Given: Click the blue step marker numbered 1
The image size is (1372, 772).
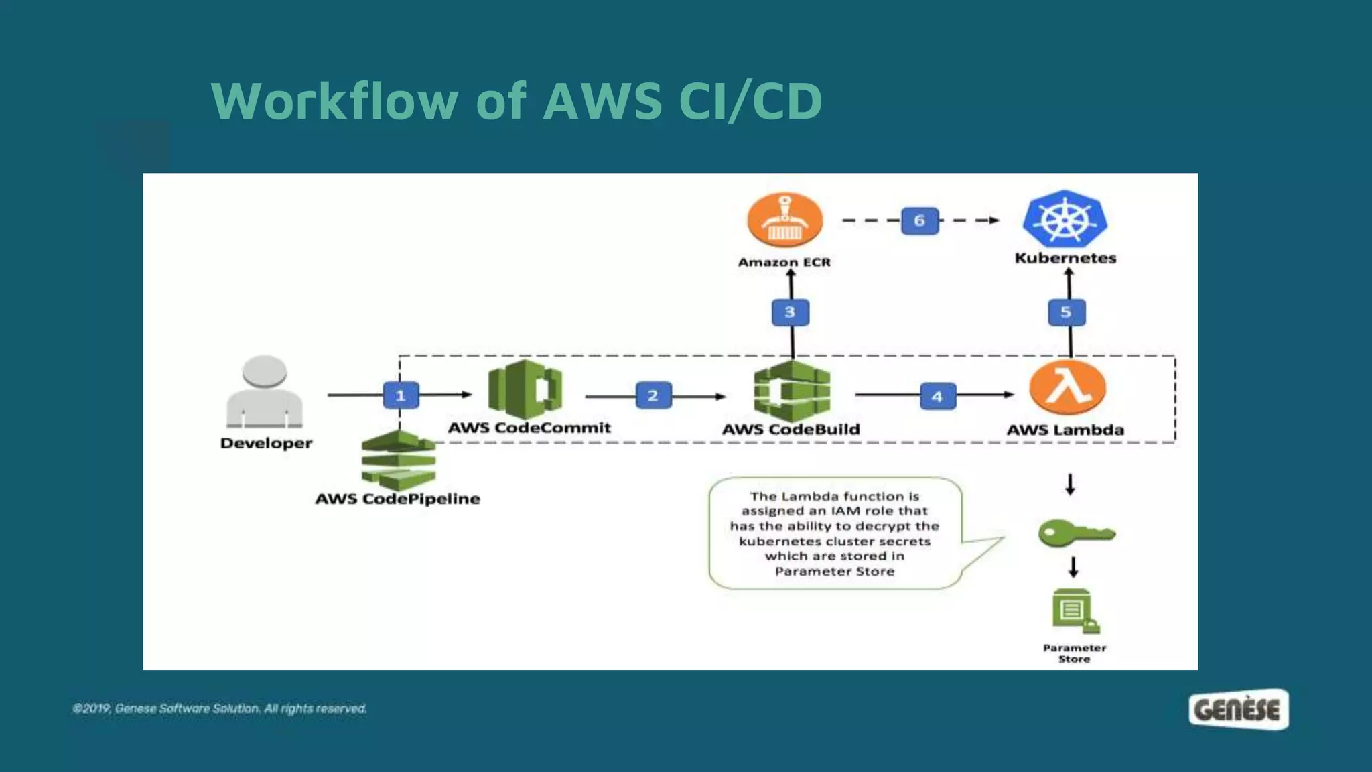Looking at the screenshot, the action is click(401, 395).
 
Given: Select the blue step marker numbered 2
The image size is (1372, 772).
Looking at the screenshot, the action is click(653, 395).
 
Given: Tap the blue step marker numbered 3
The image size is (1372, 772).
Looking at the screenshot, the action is click(791, 312).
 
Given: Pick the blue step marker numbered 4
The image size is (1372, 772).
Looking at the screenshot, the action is click(937, 396).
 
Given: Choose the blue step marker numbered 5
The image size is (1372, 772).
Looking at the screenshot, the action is click(1067, 312).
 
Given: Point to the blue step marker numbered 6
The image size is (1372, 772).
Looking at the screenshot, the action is click(920, 220).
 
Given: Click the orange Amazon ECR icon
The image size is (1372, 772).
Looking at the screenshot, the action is click(784, 220).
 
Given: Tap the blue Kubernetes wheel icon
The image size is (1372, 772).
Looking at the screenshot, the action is click(1065, 218).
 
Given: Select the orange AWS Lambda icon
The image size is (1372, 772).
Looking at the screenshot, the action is click(1068, 388).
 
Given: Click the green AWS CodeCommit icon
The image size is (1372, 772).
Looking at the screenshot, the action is click(525, 389).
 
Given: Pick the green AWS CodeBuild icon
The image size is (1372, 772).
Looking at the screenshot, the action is click(792, 391).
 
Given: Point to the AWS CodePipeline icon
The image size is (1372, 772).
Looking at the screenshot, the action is click(398, 460).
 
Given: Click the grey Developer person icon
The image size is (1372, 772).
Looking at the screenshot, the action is click(265, 391).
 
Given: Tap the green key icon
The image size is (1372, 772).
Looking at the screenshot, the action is click(1077, 533).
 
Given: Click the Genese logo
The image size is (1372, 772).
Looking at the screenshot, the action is click(1239, 710).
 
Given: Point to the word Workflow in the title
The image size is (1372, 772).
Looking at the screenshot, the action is click(334, 101).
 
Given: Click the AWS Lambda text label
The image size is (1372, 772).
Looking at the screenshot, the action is click(1065, 430).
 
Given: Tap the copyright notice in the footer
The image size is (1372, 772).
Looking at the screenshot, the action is click(220, 708).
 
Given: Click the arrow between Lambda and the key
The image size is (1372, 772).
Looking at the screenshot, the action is click(1070, 485).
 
